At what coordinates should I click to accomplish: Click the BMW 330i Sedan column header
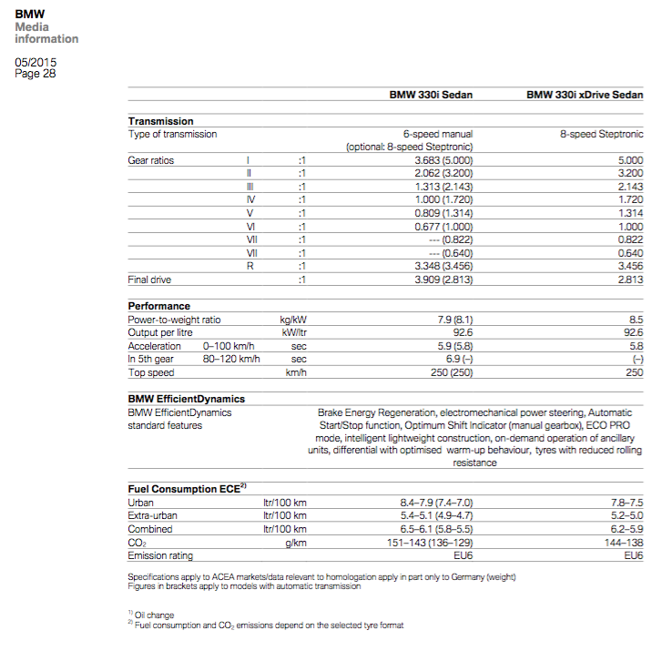click(x=432, y=95)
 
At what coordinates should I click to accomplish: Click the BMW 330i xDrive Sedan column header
click(x=585, y=95)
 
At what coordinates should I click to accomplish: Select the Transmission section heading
click(x=160, y=121)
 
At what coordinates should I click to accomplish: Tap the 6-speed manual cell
click(x=438, y=134)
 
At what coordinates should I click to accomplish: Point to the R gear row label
click(x=249, y=266)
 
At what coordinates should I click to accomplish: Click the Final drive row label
click(x=149, y=280)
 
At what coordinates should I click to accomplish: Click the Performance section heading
click(x=158, y=306)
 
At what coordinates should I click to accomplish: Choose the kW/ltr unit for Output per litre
click(x=292, y=333)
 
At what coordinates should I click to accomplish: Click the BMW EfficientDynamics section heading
click(x=186, y=399)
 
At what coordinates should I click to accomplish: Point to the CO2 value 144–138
click(x=623, y=542)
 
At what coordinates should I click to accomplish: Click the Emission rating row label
click(x=160, y=555)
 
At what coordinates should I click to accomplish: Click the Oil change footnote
click(x=154, y=615)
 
